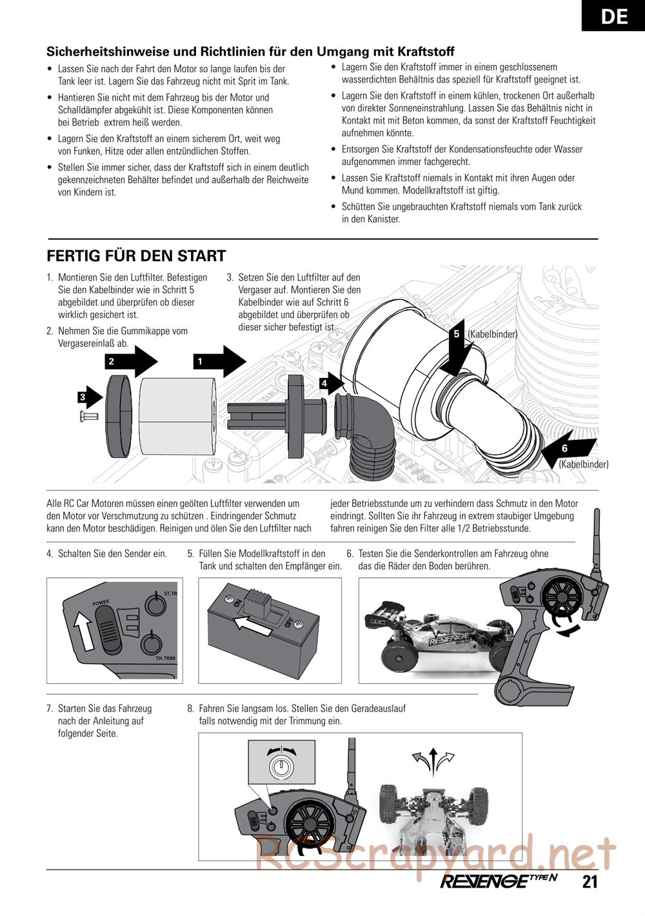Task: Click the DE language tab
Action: point(613,15)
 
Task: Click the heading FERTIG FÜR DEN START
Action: point(136,256)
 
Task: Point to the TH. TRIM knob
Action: point(152,644)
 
